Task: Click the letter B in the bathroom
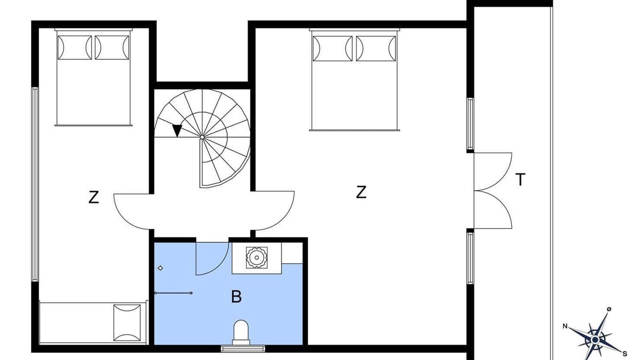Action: pyautogui.click(x=236, y=296)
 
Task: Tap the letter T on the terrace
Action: pyautogui.click(x=520, y=179)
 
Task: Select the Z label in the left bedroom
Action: pyautogui.click(x=93, y=197)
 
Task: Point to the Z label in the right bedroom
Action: pyautogui.click(x=361, y=192)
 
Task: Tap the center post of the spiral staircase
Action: pyautogui.click(x=202, y=137)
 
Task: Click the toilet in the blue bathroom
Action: pyautogui.click(x=241, y=332)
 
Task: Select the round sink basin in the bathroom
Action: pyautogui.click(x=256, y=257)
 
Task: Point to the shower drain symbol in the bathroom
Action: pyautogui.click(x=160, y=268)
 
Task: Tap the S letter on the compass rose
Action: pyautogui.click(x=625, y=354)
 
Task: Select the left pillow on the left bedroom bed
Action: pyautogui.click(x=74, y=47)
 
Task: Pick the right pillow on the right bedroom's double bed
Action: pyautogui.click(x=376, y=48)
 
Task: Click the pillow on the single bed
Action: pyautogui.click(x=127, y=322)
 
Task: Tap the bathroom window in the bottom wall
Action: pyautogui.click(x=243, y=348)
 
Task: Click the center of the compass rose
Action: pyautogui.click(x=595, y=339)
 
